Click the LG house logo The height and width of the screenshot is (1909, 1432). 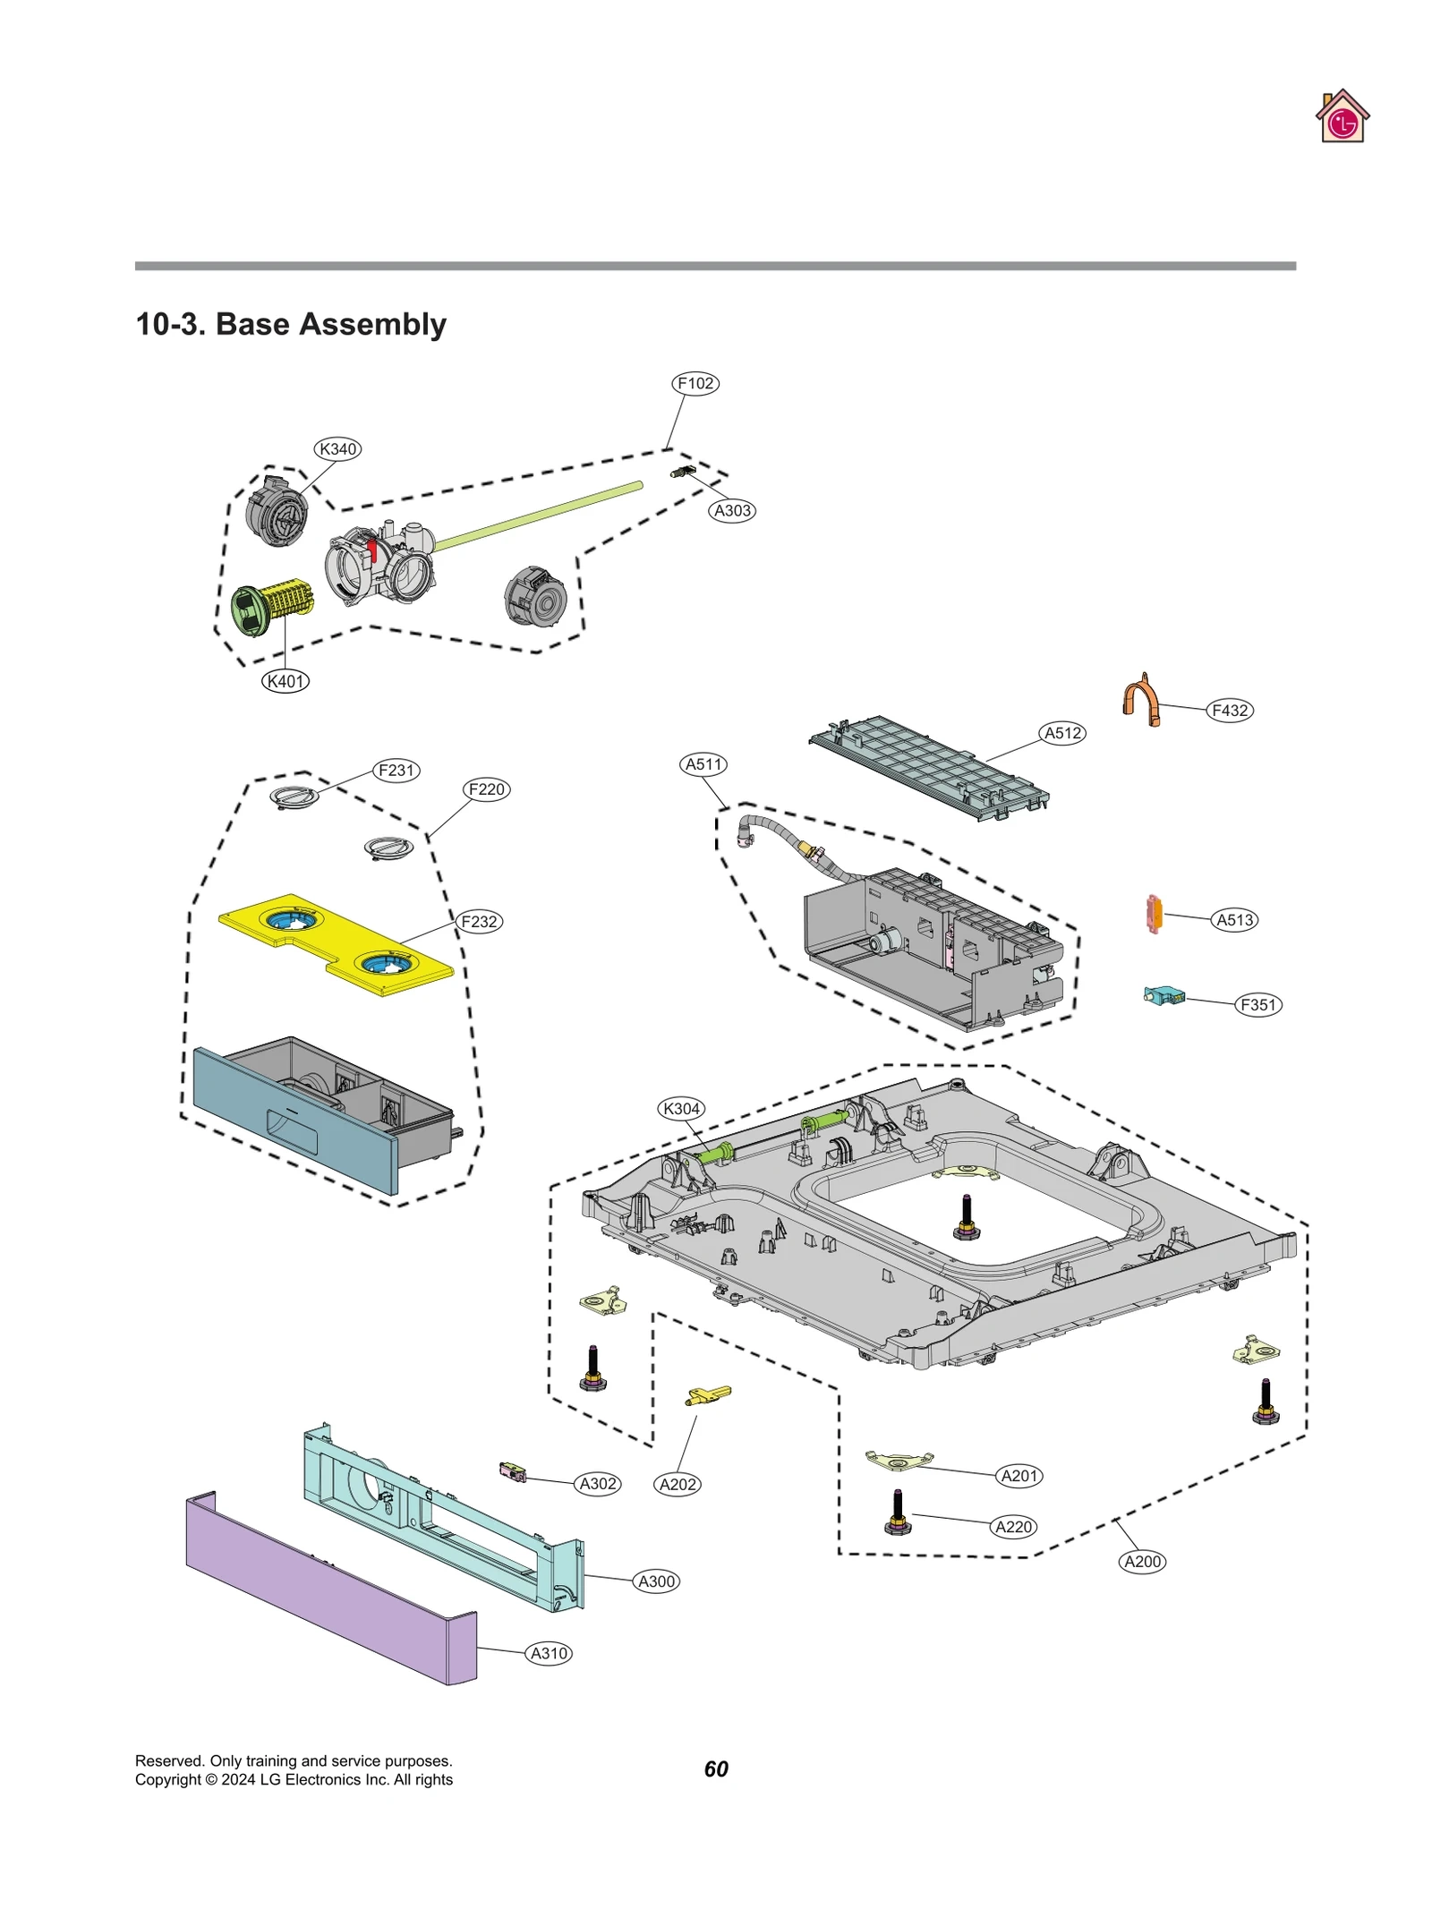click(x=1342, y=117)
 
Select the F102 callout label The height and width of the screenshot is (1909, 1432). click(x=695, y=383)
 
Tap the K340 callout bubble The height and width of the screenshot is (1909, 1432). click(x=337, y=448)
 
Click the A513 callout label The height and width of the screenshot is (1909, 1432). click(x=1235, y=919)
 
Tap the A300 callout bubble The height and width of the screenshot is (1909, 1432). click(x=656, y=1581)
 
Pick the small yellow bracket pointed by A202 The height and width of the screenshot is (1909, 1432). click(x=708, y=1394)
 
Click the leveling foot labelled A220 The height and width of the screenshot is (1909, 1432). click(x=898, y=1513)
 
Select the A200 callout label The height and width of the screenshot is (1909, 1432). click(x=1142, y=1561)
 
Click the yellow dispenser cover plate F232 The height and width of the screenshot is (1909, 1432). click(x=336, y=943)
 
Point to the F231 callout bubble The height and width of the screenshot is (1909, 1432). click(x=396, y=770)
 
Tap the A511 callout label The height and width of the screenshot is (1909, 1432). click(x=703, y=763)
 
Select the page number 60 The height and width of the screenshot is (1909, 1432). click(x=716, y=1768)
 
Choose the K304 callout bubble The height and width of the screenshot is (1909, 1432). click(x=681, y=1108)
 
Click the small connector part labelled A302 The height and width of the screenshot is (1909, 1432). click(x=513, y=1470)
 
